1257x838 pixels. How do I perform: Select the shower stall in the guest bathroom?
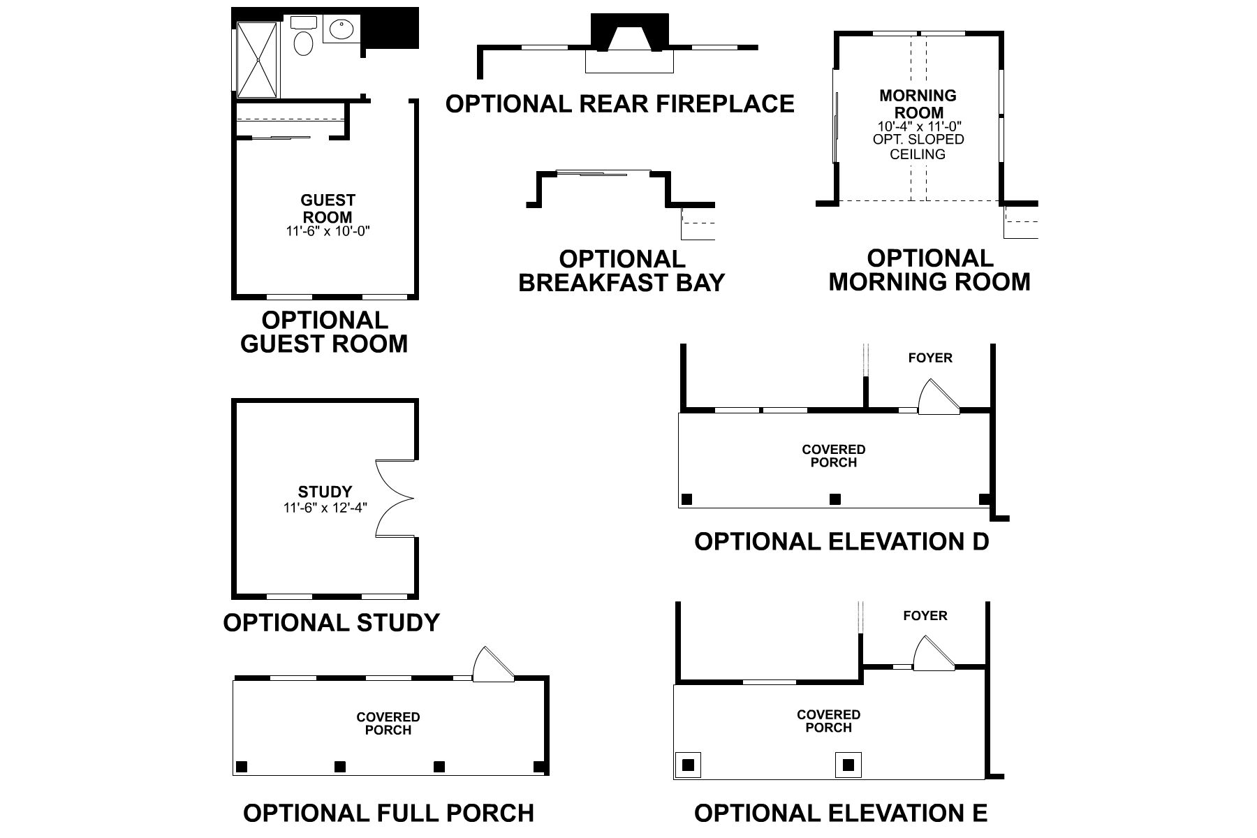point(257,60)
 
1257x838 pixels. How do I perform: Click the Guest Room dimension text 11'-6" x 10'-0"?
point(328,231)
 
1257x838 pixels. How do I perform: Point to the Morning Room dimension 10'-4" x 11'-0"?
point(920,126)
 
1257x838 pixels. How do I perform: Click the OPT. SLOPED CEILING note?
point(918,147)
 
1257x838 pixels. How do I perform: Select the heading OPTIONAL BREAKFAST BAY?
point(622,271)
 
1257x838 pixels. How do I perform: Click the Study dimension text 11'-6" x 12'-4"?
point(325,508)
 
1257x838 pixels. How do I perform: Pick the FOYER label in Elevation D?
point(929,358)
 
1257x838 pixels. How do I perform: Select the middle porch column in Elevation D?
point(835,499)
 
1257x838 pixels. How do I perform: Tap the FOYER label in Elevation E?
point(925,616)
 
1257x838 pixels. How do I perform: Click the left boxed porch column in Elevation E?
point(688,765)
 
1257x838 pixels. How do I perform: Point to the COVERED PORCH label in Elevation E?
point(828,721)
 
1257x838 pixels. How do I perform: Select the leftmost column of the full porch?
point(242,766)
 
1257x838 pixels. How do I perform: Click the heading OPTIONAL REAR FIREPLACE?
point(619,104)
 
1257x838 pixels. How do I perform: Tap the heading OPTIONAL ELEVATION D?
point(841,541)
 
